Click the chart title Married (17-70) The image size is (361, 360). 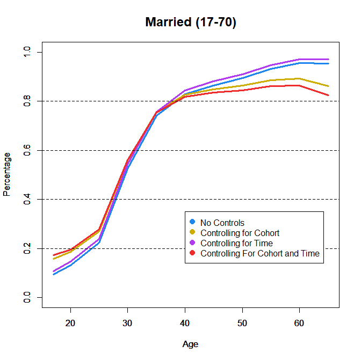click(x=191, y=23)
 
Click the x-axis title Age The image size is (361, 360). click(x=190, y=344)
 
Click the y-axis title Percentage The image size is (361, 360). click(x=7, y=174)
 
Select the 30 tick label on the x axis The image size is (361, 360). click(x=127, y=324)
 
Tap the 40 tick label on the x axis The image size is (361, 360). click(x=185, y=324)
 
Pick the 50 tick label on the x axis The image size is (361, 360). click(x=242, y=324)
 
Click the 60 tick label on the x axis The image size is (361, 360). click(x=299, y=324)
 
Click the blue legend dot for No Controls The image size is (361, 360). click(x=192, y=222)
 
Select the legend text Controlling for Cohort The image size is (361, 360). click(x=240, y=233)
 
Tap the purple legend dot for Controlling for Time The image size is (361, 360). click(x=192, y=243)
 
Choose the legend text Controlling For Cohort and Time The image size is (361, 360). click(x=259, y=253)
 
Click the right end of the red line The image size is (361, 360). click(x=328, y=95)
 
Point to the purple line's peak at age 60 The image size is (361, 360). click(x=299, y=59)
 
